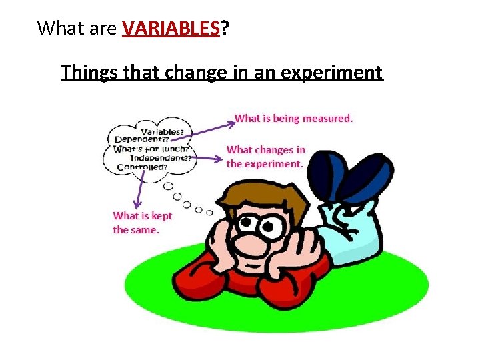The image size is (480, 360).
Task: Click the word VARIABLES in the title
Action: (x=171, y=28)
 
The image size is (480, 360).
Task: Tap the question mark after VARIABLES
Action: (x=224, y=28)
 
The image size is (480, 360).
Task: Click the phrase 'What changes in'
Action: (x=265, y=150)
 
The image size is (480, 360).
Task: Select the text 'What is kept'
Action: (x=142, y=215)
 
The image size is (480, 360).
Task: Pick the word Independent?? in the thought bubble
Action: (x=161, y=158)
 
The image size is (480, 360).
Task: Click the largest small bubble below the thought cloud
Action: (x=168, y=186)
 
